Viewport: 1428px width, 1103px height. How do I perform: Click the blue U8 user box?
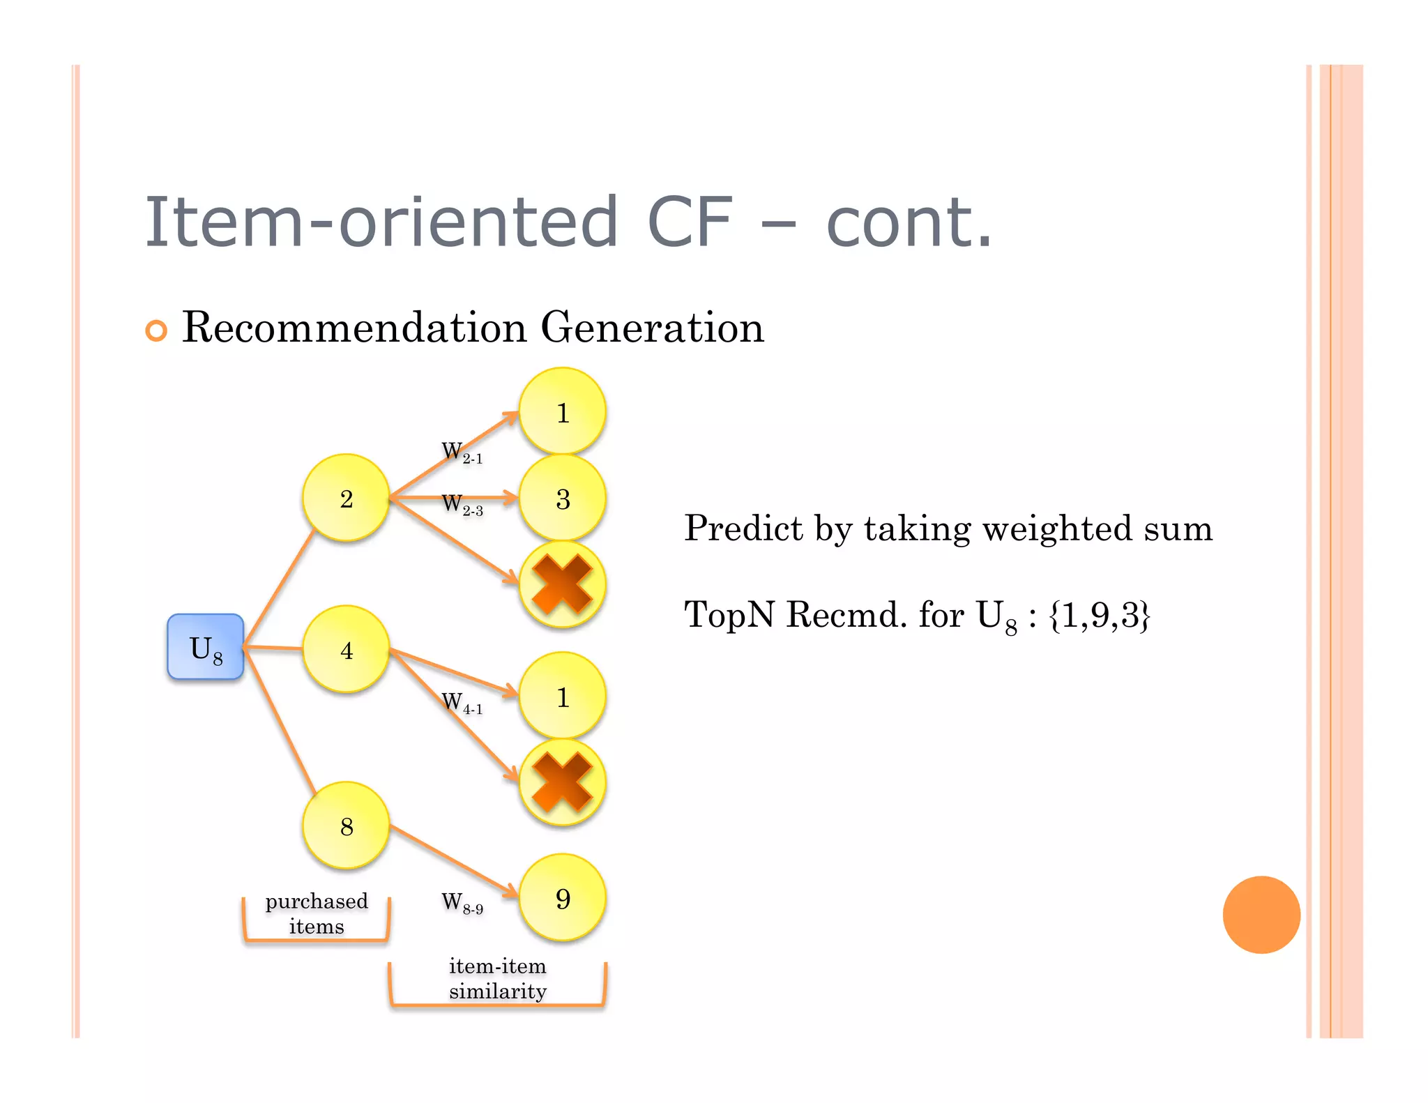206,647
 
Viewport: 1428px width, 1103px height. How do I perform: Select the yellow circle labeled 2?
346,498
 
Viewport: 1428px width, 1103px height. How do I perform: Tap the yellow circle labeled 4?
346,649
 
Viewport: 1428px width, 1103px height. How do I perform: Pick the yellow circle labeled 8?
346,826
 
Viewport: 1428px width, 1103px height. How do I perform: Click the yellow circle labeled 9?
563,898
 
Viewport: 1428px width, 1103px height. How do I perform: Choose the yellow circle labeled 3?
563,498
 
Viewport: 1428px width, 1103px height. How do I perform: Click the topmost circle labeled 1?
563,411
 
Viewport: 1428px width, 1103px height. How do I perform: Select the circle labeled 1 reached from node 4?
563,696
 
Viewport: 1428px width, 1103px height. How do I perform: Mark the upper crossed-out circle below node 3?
563,584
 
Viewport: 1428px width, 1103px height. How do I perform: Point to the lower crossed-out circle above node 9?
563,782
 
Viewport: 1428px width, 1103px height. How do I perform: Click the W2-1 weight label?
462,452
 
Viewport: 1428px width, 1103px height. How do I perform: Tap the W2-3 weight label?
462,504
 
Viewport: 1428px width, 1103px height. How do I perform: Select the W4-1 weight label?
462,702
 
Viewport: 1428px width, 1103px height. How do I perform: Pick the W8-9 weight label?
462,903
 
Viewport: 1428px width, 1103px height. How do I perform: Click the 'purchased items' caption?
317,913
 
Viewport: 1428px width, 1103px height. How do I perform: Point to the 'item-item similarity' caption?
497,978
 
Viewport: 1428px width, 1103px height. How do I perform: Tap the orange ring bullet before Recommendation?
156,330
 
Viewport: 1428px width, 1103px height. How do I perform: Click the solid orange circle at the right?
1261,914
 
